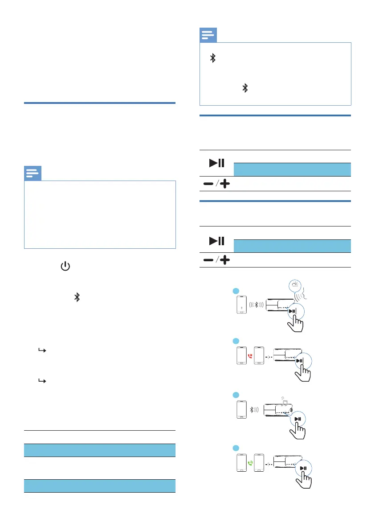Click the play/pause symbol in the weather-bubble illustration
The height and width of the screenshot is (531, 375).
pos(293,312)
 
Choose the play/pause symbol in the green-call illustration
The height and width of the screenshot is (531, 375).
pos(303,468)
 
